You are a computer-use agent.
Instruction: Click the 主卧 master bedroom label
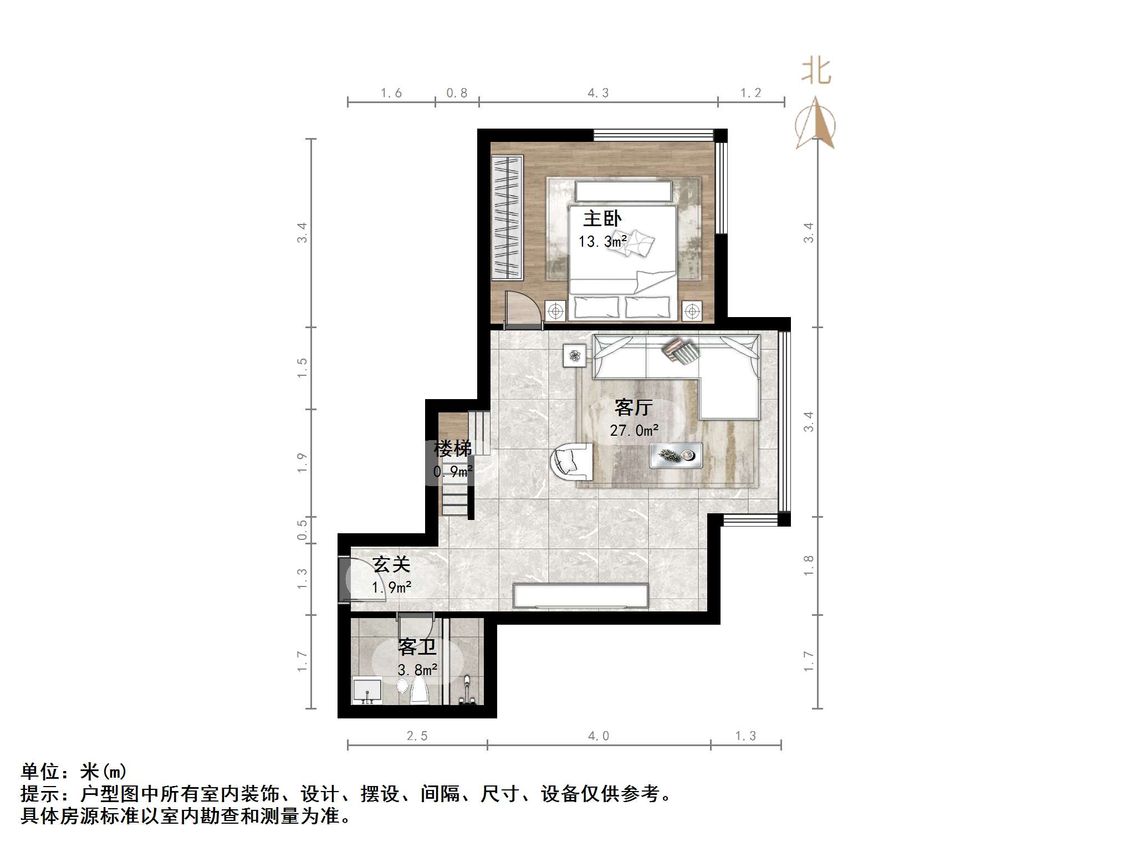(x=602, y=218)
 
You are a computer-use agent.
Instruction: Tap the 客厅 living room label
(x=634, y=408)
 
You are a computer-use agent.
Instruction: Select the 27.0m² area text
(x=634, y=430)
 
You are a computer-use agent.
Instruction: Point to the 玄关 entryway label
(x=391, y=564)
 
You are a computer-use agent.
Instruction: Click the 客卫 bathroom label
(x=417, y=647)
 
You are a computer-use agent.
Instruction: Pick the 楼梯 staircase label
(x=452, y=448)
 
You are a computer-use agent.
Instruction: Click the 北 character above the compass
(x=816, y=72)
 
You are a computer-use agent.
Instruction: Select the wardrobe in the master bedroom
(x=507, y=217)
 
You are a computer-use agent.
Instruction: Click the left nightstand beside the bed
(x=555, y=311)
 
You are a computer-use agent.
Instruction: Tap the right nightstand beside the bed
(x=692, y=311)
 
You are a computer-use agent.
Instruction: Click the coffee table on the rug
(x=676, y=456)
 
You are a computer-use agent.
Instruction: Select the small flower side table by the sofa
(x=575, y=355)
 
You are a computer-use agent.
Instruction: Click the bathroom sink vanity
(x=367, y=691)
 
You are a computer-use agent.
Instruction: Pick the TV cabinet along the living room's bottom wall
(x=580, y=596)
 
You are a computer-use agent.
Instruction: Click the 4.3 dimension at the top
(x=598, y=93)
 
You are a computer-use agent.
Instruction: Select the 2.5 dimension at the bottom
(x=417, y=736)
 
